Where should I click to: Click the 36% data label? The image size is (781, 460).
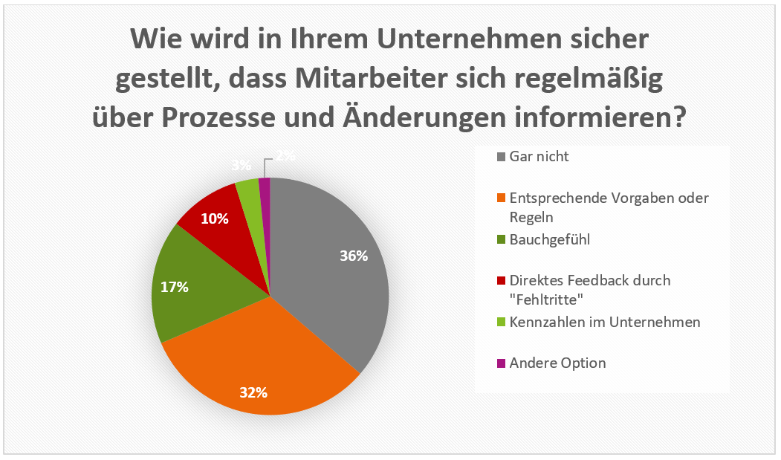354,256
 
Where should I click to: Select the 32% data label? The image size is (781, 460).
253,392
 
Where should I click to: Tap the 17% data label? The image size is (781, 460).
174,287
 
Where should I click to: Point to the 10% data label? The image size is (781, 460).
215,218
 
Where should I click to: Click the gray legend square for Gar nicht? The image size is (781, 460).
502,157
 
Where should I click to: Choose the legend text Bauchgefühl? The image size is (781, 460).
545,240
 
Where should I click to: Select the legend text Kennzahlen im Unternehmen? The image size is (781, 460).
605,323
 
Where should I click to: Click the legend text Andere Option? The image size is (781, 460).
557,363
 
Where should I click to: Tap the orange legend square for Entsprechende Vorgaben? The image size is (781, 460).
502,198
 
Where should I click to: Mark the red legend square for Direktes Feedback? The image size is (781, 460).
502,281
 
